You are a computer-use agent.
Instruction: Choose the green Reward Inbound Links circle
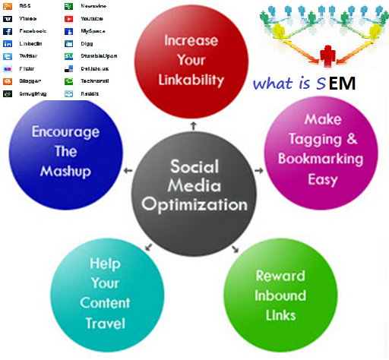(280, 295)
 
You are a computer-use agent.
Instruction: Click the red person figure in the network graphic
(328, 55)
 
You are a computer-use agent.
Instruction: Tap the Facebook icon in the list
(8, 32)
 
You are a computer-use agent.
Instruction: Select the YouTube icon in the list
(69, 18)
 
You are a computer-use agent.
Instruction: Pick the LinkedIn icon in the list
(8, 44)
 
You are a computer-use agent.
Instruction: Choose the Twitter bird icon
(8, 56)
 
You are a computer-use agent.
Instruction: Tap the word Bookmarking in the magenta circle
(311, 159)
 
